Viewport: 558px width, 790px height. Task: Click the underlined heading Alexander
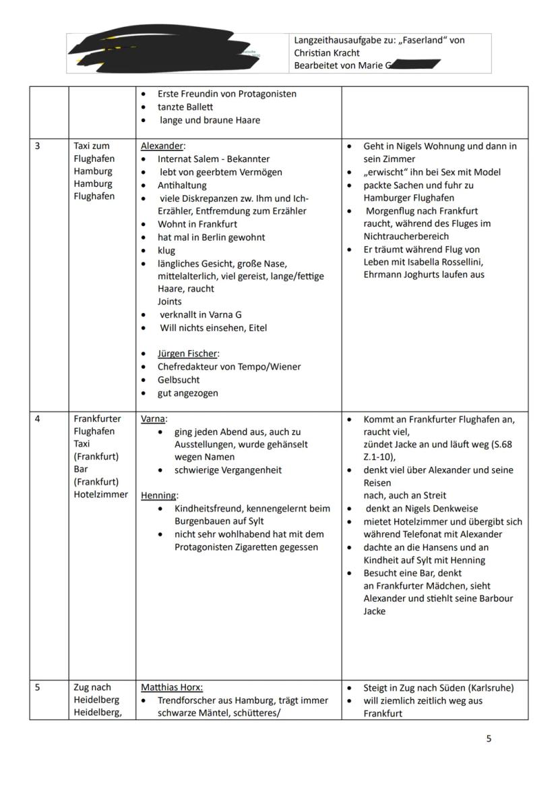tap(162, 146)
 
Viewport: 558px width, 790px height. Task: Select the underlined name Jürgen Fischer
tap(188, 354)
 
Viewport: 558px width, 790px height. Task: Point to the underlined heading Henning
tap(158, 495)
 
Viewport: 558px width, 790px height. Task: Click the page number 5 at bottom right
tap(489, 739)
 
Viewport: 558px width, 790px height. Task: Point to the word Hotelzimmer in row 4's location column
tap(100, 495)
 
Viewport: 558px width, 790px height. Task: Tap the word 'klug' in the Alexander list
tap(166, 250)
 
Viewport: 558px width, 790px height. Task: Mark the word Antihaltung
tap(182, 185)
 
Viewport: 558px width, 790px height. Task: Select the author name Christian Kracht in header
tap(327, 53)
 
